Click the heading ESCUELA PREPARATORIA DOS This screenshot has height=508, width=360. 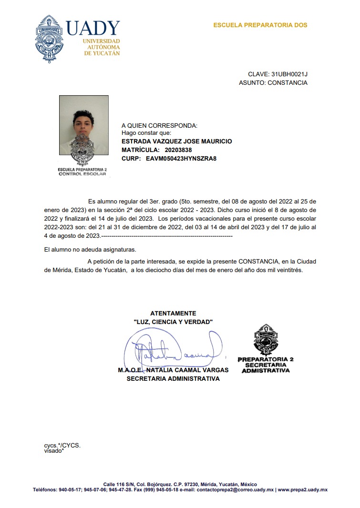coord(260,25)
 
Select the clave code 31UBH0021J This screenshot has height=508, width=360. coord(289,74)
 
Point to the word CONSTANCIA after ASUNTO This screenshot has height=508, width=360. coord(288,83)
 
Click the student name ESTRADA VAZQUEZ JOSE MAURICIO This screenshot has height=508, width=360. coord(177,142)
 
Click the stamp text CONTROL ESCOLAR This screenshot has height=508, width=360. coord(82,174)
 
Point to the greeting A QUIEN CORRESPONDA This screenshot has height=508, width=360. coord(159,126)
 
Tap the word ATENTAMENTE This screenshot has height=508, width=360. coord(173,314)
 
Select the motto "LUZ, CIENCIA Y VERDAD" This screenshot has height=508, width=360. coord(173,322)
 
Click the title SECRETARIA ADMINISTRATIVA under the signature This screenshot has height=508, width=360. coord(173,379)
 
